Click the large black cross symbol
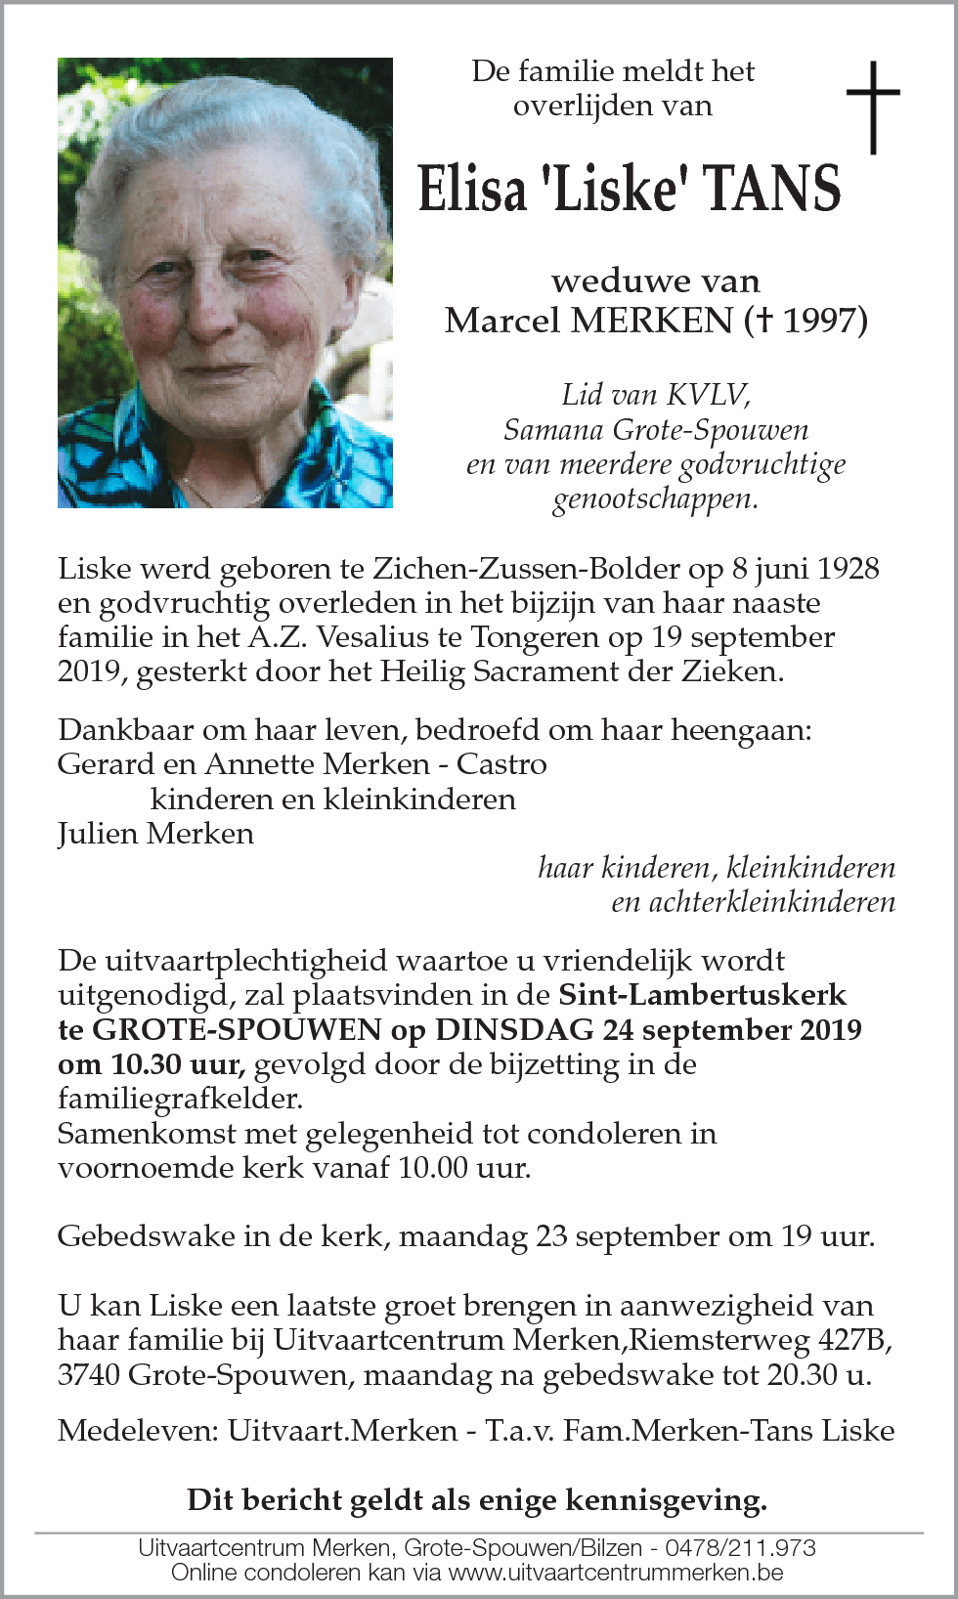coord(872,107)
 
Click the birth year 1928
coord(848,569)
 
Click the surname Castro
coord(501,764)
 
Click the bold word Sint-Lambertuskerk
coord(702,995)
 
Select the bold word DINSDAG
coord(514,1030)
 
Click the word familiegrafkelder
coord(180,1100)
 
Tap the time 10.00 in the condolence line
coord(433,1168)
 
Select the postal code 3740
coord(89,1375)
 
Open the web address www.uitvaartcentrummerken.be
coord(616,1573)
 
